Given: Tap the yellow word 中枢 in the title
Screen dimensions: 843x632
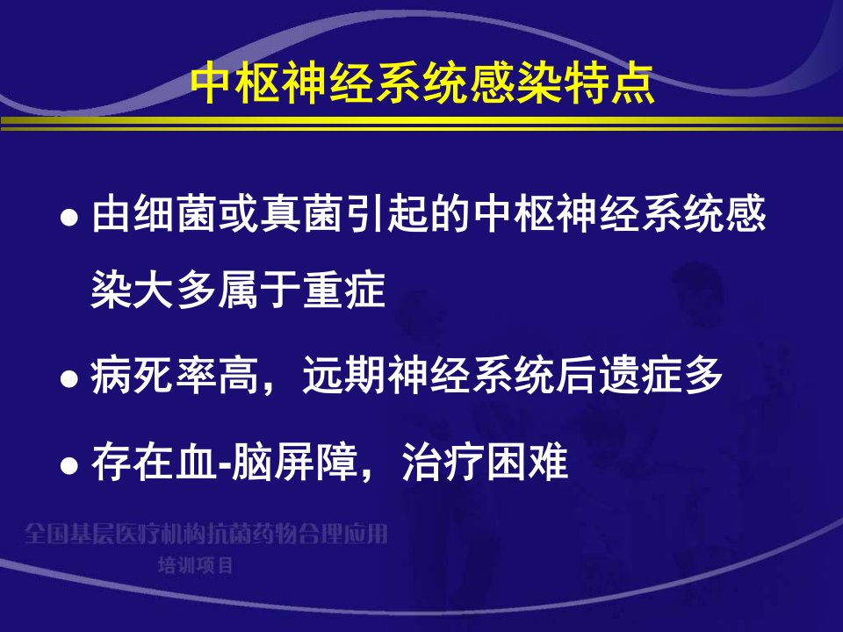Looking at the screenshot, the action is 236,83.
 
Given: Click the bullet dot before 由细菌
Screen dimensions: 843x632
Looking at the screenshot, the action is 69,218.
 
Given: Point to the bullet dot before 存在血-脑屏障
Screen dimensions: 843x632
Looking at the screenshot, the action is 69,464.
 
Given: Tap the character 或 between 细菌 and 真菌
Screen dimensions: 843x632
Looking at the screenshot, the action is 239,214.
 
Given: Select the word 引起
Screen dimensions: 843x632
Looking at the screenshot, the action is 387,214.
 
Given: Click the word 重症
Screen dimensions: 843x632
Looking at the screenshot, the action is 344,291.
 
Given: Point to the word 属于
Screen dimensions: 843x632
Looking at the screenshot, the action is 260,291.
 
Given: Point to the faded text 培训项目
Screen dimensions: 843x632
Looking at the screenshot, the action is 195,565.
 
